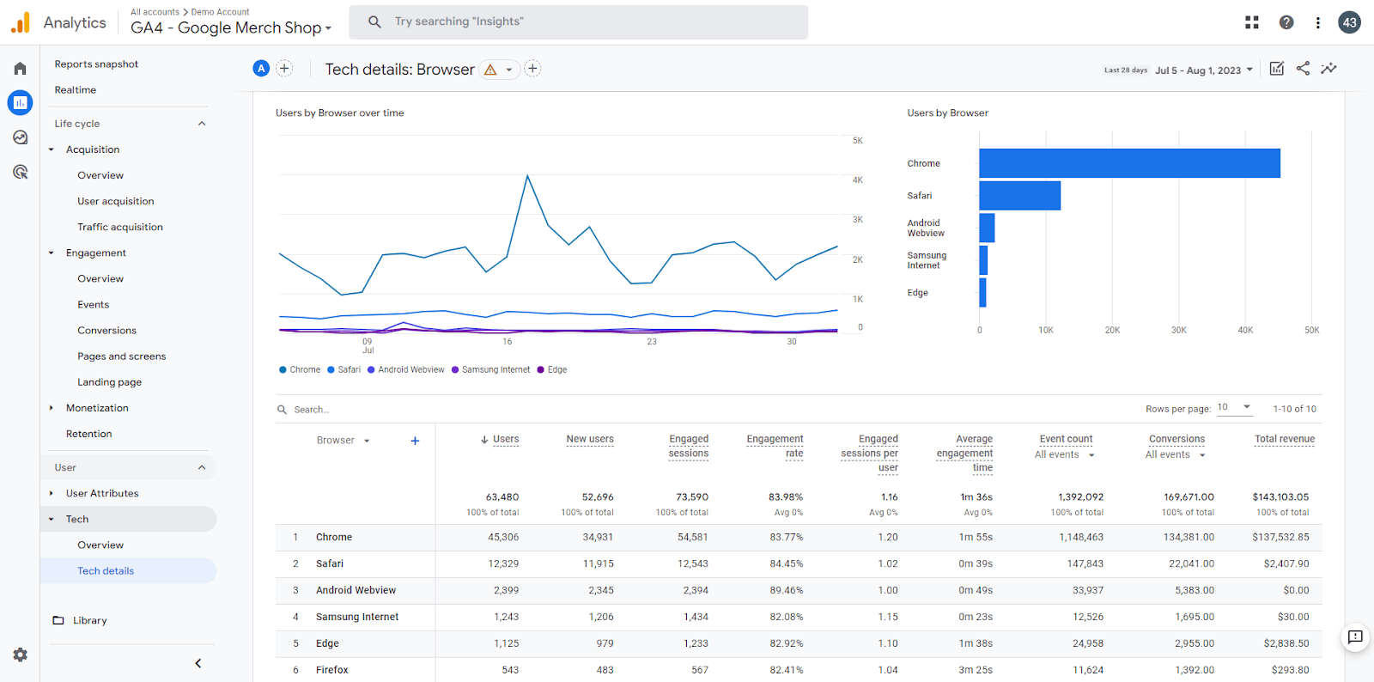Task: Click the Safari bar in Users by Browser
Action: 1019,196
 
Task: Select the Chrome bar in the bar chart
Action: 1129,163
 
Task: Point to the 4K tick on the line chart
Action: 858,180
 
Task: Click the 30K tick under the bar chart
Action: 1178,330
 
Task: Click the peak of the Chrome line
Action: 527,176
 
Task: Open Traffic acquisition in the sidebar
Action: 120,227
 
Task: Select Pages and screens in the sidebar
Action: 121,356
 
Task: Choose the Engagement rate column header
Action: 775,446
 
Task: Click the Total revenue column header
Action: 1285,439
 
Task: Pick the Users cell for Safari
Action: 503,563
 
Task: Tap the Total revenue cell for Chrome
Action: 1280,537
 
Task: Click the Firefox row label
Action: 331,670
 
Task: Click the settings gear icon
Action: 21,655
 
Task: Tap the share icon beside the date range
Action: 1303,69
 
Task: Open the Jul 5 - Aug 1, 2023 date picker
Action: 1203,70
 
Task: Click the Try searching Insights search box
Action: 579,22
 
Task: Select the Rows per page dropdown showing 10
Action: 1234,408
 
